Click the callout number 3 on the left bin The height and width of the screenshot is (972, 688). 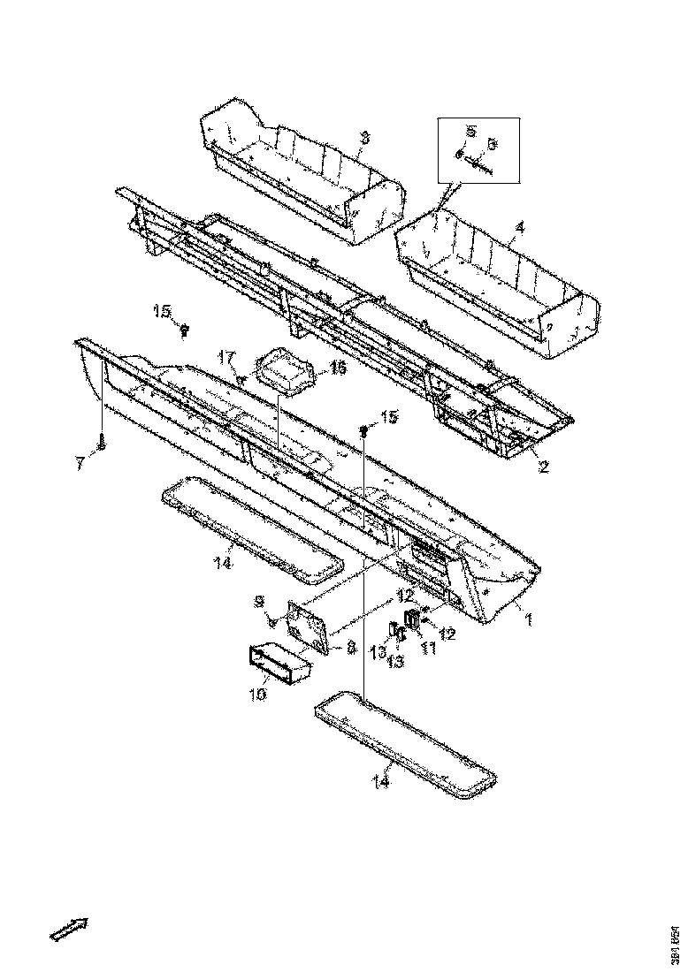(364, 139)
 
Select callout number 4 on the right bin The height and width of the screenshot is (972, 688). (520, 227)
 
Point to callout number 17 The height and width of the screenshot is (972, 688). (226, 356)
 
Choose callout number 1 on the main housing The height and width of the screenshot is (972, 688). (528, 619)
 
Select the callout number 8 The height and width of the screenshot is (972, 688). (351, 648)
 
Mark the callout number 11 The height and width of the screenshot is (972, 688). (429, 649)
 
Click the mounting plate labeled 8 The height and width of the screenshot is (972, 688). (309, 628)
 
